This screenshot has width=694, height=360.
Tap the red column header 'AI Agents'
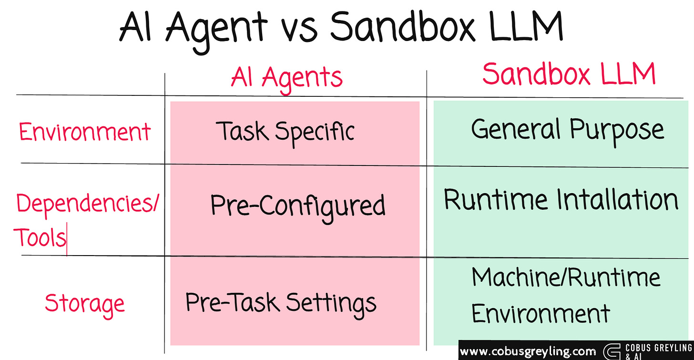[287, 77]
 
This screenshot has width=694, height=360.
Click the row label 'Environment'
[85, 132]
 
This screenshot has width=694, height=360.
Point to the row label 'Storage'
[85, 303]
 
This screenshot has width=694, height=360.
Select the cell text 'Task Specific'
[286, 131]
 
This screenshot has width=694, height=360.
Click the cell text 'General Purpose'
[567, 129]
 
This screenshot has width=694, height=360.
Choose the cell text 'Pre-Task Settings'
[281, 302]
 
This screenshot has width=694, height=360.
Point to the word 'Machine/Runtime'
[566, 277]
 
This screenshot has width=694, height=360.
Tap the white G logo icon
[612, 351]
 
